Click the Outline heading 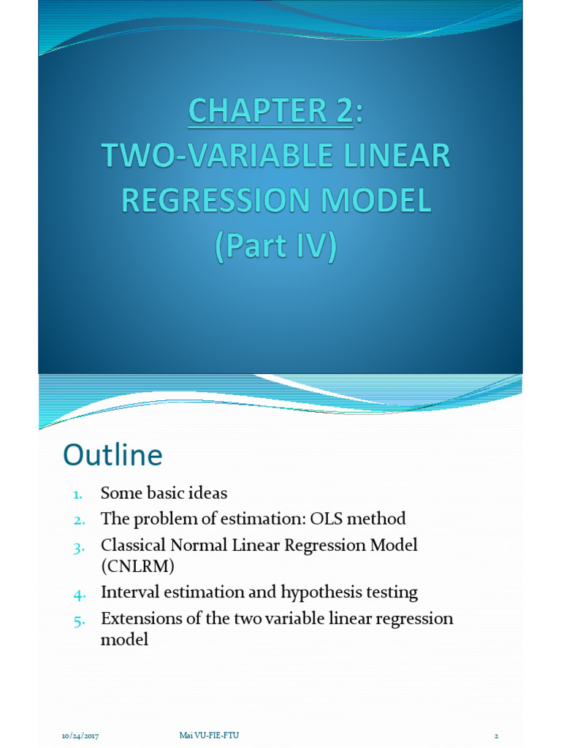[x=112, y=455]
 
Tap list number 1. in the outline [x=78, y=495]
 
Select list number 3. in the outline [x=80, y=547]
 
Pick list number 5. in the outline [x=80, y=620]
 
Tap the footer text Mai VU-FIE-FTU [x=209, y=735]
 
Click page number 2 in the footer [x=496, y=735]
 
